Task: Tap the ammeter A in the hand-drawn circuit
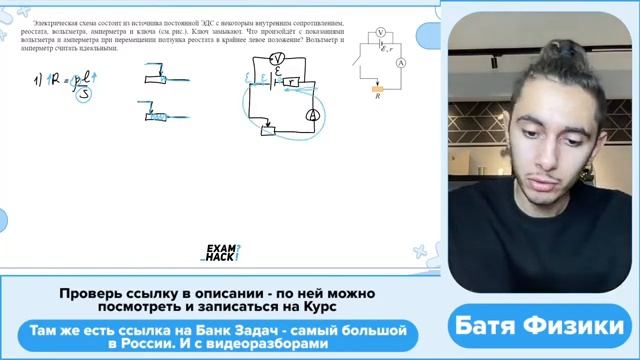coord(312,116)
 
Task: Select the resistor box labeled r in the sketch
coord(294,81)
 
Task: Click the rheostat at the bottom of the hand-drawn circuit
coord(269,129)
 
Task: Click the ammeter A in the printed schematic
coord(399,62)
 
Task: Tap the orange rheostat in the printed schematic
coord(377,89)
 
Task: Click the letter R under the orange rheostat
coord(377,98)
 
